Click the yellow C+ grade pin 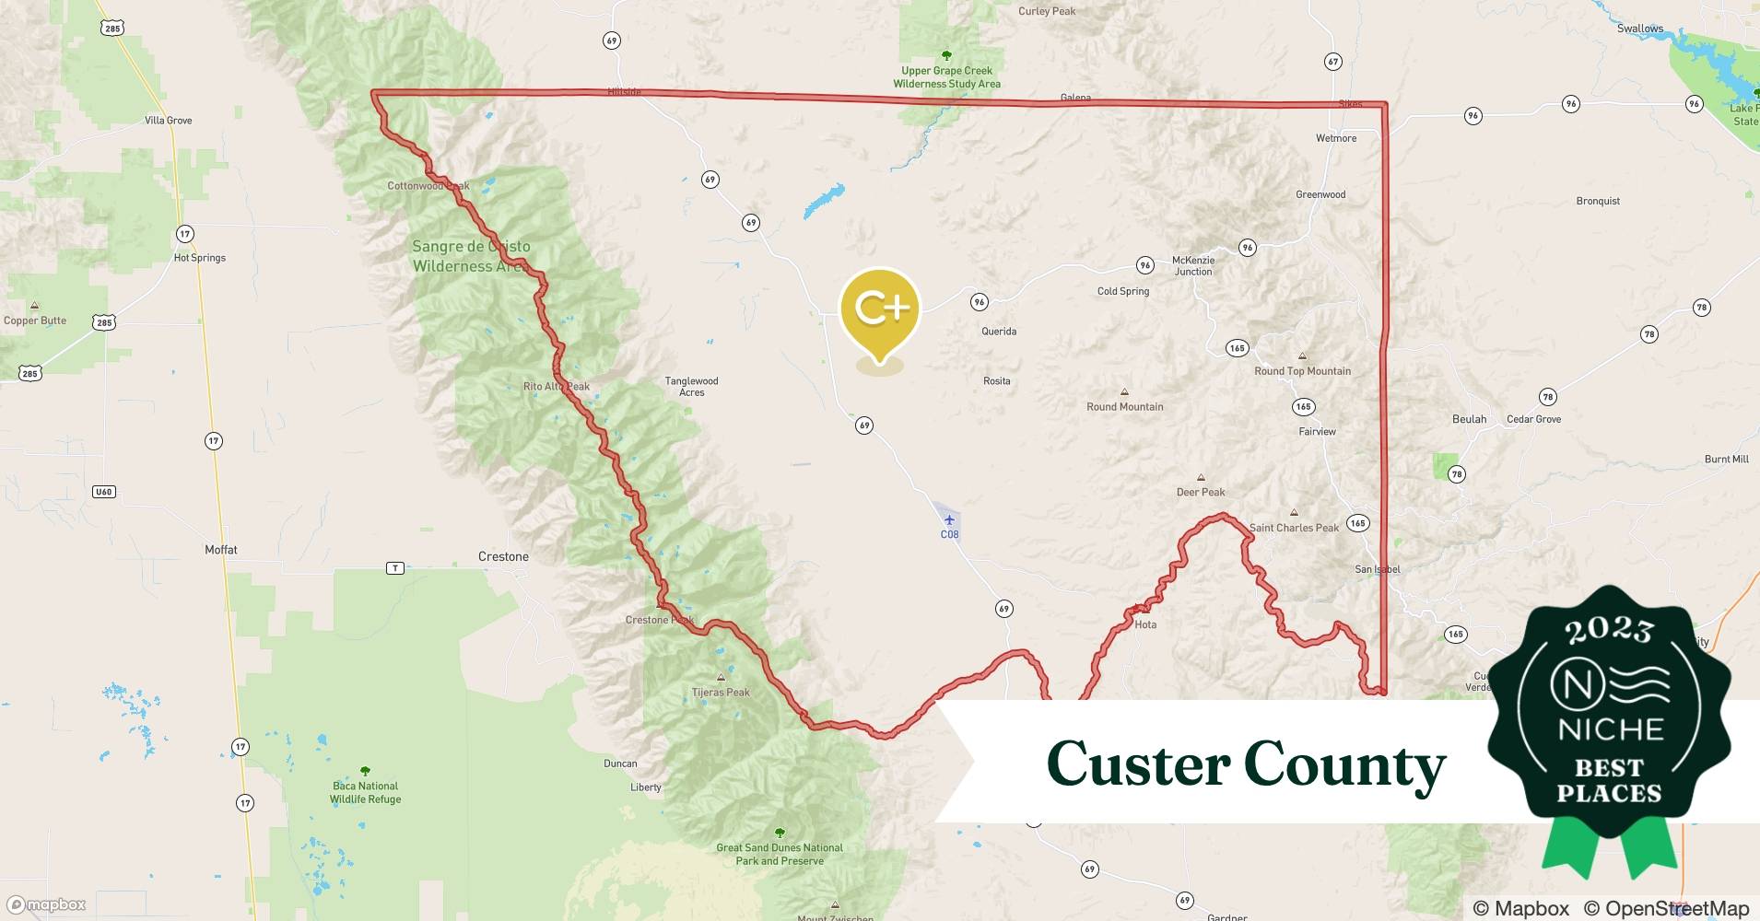880,309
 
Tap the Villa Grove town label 168,121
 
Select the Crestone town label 503,557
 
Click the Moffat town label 221,550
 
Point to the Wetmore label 1336,138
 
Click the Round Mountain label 1124,406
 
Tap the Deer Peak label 1201,492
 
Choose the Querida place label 999,332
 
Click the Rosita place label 996,381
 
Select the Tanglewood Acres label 691,387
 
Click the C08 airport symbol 949,520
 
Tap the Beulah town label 1469,419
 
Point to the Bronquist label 1598,201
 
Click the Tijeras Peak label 721,693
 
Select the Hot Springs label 200,258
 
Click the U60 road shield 103,492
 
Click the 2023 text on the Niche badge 1609,630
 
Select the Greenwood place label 1320,194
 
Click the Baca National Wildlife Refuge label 366,792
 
